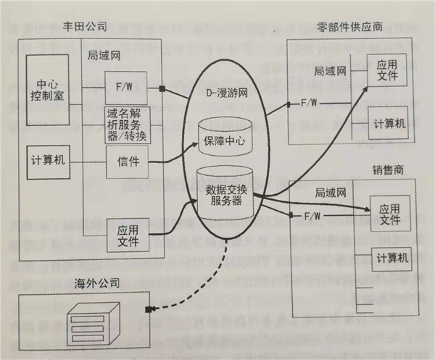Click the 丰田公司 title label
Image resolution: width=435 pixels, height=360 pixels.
pos(86,27)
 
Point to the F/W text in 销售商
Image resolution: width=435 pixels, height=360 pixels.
pos(312,216)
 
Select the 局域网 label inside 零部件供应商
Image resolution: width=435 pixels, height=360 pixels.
pos(330,71)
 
